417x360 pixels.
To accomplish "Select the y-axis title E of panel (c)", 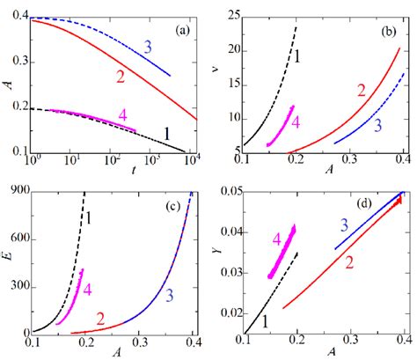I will [x=7, y=261].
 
